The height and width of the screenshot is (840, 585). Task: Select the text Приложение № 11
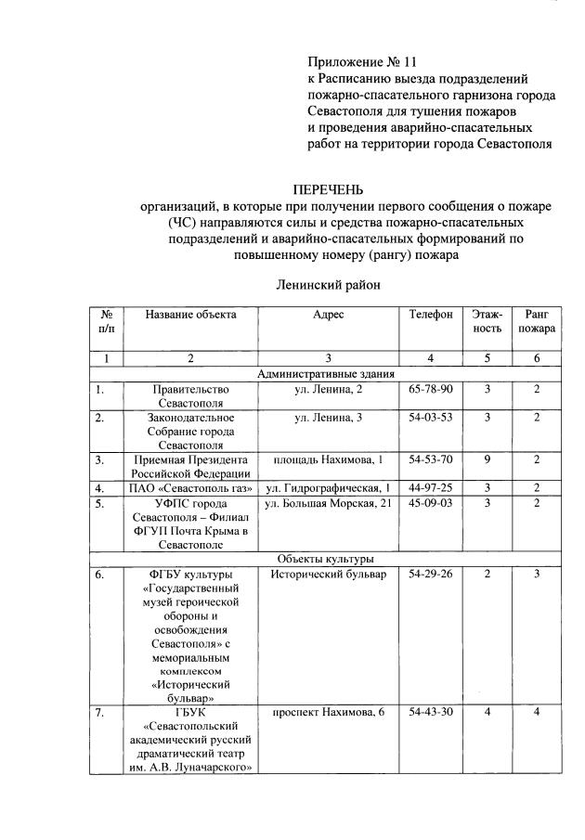click(361, 62)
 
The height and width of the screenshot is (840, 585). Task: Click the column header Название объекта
click(190, 315)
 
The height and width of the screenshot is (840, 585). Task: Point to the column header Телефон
click(431, 315)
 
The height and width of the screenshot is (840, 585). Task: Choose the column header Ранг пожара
click(536, 321)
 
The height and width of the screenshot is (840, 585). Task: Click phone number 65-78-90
click(431, 390)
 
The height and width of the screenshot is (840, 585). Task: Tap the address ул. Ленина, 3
click(329, 418)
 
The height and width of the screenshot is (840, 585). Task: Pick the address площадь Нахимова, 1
click(329, 460)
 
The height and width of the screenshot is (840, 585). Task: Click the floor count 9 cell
click(487, 460)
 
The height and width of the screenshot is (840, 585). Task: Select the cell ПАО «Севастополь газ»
click(190, 488)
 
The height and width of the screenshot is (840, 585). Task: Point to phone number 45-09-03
click(431, 503)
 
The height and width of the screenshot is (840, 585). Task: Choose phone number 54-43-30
click(431, 712)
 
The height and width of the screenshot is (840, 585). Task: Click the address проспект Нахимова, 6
click(329, 712)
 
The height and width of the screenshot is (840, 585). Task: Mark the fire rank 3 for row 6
click(536, 575)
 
